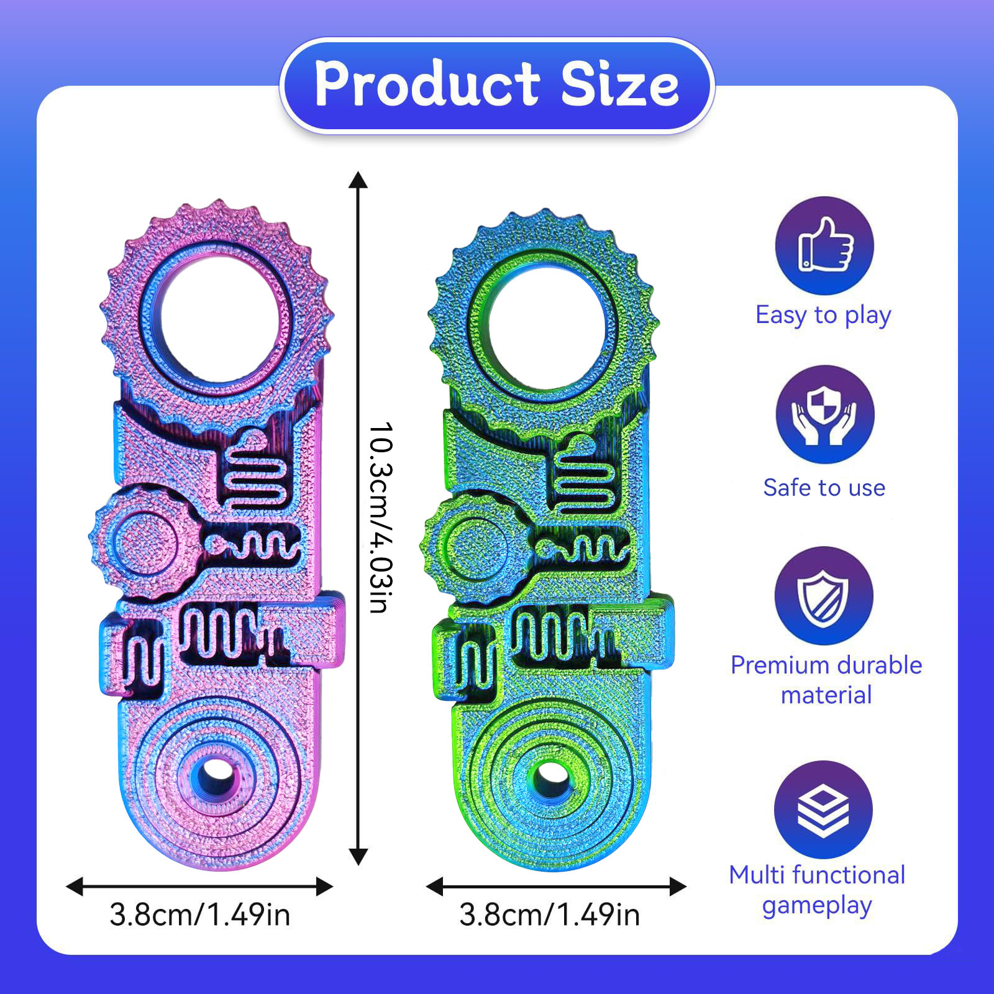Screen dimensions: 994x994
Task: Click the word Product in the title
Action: (427, 84)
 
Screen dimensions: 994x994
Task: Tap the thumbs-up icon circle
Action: (824, 245)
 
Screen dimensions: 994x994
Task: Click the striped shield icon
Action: (824, 595)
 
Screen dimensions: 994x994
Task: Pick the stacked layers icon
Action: (823, 809)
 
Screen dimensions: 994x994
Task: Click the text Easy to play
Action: (823, 316)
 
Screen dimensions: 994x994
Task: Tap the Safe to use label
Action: (824, 488)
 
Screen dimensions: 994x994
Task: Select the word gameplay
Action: (817, 906)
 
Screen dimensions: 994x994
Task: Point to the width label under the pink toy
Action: (199, 915)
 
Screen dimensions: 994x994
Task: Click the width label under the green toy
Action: (549, 915)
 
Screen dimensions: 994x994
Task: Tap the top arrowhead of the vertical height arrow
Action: (358, 180)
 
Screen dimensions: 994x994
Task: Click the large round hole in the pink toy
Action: (214, 324)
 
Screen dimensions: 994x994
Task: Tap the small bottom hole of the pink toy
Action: (214, 773)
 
